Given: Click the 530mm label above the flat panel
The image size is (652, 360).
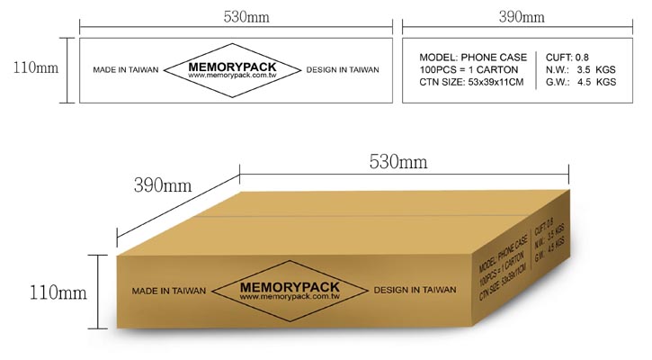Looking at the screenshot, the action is click(x=246, y=16).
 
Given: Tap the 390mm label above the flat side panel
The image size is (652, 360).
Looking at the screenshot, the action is click(x=522, y=16).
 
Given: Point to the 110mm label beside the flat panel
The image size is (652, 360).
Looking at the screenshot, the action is click(x=36, y=67).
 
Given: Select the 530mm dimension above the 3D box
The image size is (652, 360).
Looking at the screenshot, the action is click(x=397, y=161).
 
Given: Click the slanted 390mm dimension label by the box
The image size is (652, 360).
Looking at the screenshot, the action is click(x=163, y=185).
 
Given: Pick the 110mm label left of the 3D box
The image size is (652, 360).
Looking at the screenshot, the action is click(x=58, y=292).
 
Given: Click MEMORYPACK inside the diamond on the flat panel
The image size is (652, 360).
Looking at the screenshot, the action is click(x=232, y=67).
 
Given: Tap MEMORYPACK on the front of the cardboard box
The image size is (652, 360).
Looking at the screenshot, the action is click(x=290, y=287).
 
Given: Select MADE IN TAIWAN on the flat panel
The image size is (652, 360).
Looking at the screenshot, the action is click(x=126, y=70).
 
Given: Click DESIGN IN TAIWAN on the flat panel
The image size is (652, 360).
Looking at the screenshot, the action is click(x=343, y=70).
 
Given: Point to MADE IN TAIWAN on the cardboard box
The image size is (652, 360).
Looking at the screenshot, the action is click(x=169, y=291).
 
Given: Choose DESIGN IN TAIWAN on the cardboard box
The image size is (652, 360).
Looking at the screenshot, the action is click(x=415, y=290).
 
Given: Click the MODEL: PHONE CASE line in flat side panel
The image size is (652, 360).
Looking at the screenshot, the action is click(x=473, y=58).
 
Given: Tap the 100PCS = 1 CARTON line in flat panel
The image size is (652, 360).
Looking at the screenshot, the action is click(x=469, y=69).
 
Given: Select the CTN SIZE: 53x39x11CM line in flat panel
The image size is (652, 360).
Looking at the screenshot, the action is click(x=471, y=82).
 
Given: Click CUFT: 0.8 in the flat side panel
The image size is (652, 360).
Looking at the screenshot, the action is click(x=567, y=58).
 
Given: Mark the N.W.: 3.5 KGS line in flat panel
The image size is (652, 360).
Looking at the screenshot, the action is click(x=580, y=69).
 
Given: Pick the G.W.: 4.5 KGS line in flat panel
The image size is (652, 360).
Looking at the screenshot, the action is click(x=580, y=82).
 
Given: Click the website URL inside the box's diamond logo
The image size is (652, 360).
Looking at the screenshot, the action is click(x=290, y=297).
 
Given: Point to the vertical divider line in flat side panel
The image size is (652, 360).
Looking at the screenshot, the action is click(x=536, y=70).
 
